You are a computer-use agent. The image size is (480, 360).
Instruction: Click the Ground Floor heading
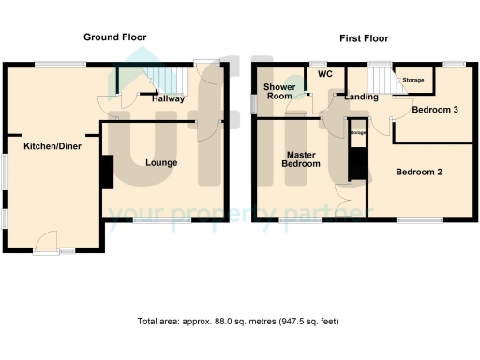pyautogui.click(x=114, y=37)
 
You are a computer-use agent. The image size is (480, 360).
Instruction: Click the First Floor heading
pyautogui.click(x=364, y=38)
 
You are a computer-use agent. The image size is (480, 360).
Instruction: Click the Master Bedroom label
pyautogui.click(x=302, y=158)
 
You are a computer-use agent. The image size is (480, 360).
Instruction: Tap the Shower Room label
pyautogui.click(x=280, y=91)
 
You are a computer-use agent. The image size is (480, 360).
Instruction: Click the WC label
pyautogui.click(x=325, y=74)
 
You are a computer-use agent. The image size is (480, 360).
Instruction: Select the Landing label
pyautogui.click(x=361, y=97)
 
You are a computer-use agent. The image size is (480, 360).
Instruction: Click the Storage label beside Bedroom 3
pyautogui.click(x=412, y=81)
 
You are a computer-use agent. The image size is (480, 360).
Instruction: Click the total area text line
pyautogui.click(x=238, y=321)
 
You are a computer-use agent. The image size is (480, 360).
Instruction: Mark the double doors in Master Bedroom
pyautogui.click(x=345, y=202)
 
